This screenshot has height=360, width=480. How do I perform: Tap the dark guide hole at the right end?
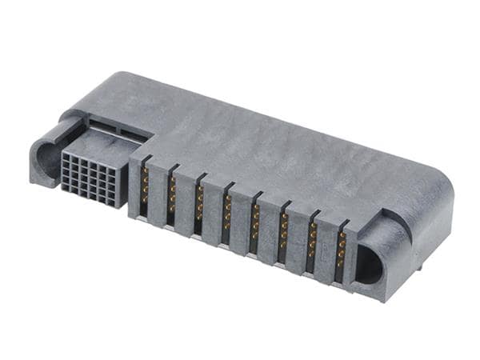(369, 265)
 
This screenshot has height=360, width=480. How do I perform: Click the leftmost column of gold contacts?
(145, 184)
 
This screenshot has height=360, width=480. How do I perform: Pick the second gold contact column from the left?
(172, 194)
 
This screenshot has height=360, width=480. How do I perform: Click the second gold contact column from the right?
(312, 242)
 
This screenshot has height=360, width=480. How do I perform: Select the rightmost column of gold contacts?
(341, 251)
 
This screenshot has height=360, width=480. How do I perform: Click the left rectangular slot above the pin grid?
(100, 126)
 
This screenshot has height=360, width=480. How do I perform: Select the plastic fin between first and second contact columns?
(158, 196)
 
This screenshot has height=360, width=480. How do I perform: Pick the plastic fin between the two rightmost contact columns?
(326, 254)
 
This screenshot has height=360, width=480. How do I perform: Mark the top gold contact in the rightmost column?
(342, 238)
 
